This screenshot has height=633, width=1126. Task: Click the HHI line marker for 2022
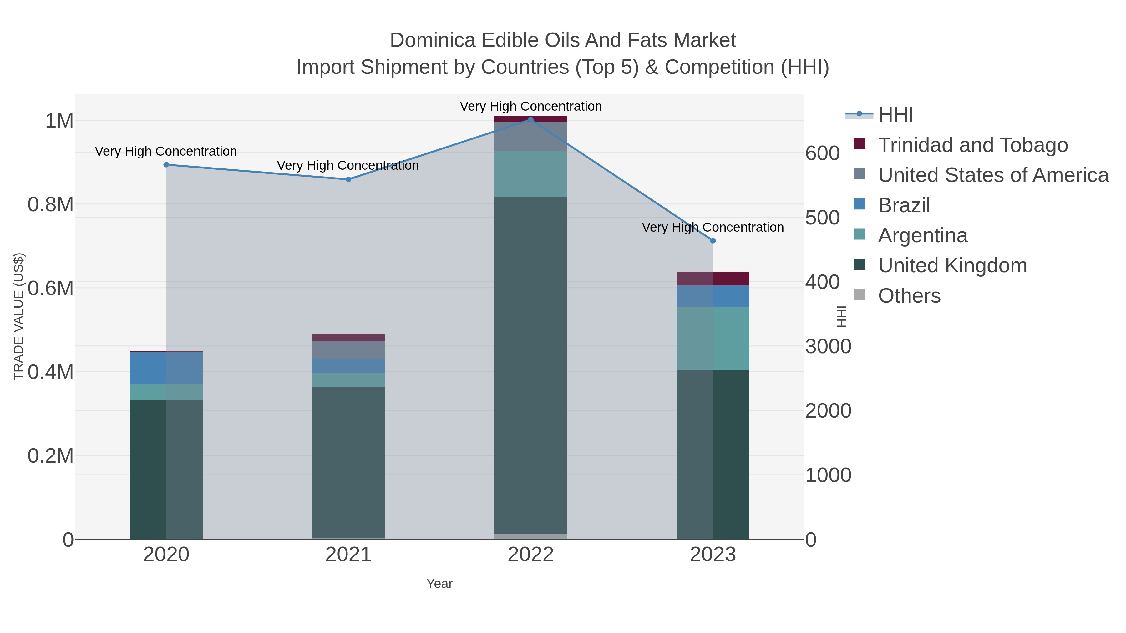[x=531, y=119]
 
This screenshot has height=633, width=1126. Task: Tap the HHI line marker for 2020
[x=166, y=165]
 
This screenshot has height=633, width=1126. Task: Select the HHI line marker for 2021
[x=348, y=179]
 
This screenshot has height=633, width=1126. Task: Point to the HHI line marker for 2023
[x=713, y=241]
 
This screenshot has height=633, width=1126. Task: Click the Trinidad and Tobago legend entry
[x=972, y=145]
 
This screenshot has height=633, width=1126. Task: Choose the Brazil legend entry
[x=904, y=205]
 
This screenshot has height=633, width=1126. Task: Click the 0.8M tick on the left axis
[x=51, y=204]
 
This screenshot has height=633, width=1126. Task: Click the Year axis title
[x=439, y=584]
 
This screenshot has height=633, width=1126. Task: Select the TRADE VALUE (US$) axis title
[x=18, y=316]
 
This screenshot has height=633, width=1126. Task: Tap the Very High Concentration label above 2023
[x=713, y=227]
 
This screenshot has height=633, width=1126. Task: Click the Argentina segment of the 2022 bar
[x=531, y=174]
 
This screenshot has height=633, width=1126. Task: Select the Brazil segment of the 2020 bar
[x=166, y=368]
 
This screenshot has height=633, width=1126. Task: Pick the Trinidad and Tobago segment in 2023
[x=713, y=278]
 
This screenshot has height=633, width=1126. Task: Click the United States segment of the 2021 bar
[x=348, y=349]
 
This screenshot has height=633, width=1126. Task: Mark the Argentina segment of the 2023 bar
[x=713, y=339]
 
